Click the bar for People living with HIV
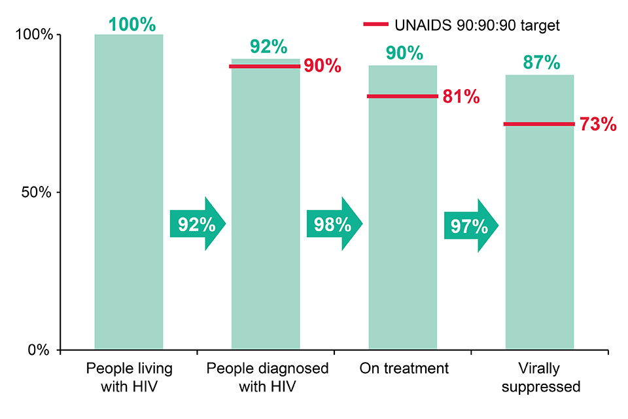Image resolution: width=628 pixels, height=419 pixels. click(129, 131)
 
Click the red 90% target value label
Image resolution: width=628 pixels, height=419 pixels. click(323, 66)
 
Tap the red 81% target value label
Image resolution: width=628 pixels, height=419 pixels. click(461, 97)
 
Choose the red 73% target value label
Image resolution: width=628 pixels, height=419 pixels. click(598, 124)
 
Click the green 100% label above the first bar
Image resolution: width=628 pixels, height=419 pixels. click(132, 24)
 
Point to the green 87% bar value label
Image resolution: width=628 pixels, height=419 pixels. click(541, 63)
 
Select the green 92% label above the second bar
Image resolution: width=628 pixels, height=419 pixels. click(268, 47)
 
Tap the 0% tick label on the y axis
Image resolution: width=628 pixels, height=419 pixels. click(39, 350)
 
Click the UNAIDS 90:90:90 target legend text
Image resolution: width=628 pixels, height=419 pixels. click(478, 25)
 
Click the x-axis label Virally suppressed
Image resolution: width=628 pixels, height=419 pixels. click(540, 378)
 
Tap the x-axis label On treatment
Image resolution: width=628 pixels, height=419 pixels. click(404, 369)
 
